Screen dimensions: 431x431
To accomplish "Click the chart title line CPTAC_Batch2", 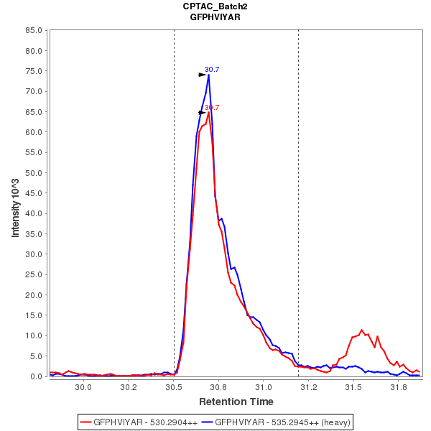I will coord(215,6).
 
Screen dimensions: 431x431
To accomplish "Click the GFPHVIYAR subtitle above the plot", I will coord(215,17).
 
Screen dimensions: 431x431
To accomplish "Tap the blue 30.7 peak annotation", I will coord(212,70).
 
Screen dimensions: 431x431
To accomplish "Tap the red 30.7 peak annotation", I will coord(212,108).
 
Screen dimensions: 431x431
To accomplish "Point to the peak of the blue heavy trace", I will coord(208,75).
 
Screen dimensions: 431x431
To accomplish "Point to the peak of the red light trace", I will coord(208,113).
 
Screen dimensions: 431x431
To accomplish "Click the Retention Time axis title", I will coord(236,402).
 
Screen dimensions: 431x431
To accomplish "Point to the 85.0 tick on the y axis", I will coord(34,31).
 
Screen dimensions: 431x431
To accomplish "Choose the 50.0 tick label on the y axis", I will coord(34,173).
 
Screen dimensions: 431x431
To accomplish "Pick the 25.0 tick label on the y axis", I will coord(34,274).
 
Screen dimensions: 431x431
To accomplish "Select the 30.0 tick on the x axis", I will coord(83,386).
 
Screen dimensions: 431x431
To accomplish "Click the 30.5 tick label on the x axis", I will coord(173,386).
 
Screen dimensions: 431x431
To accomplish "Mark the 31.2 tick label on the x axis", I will coord(308,386).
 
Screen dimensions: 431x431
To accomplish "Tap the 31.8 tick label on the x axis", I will coord(398,386).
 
